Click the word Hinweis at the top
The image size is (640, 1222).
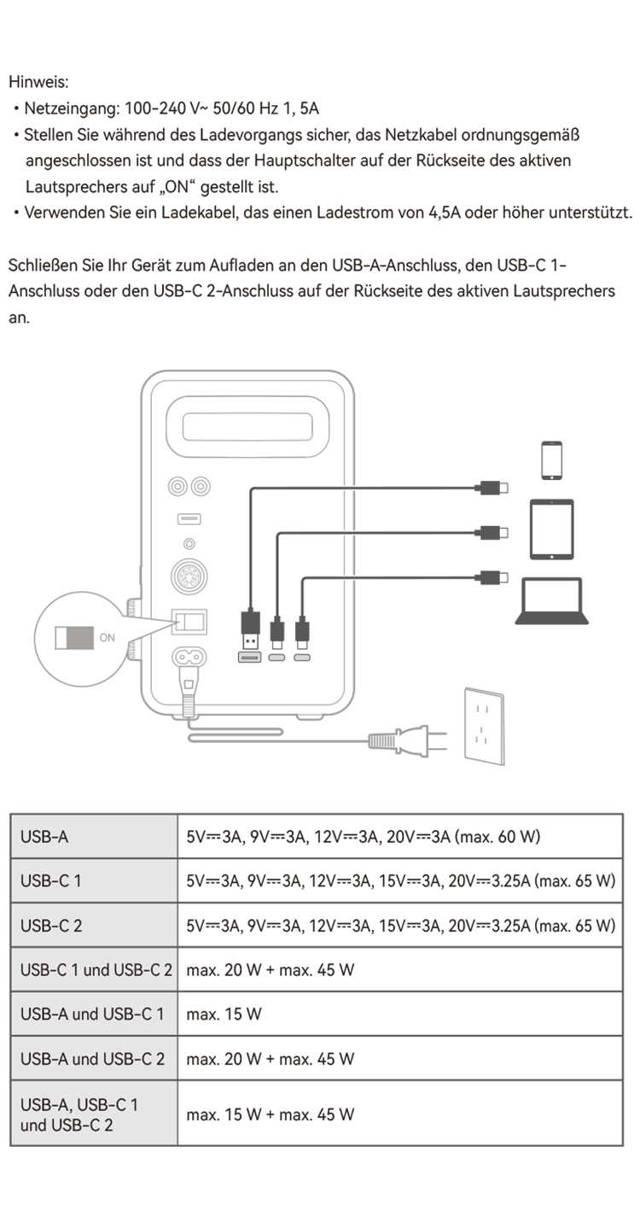tap(38, 82)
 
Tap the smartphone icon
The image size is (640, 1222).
tap(551, 460)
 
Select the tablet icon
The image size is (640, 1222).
tap(552, 529)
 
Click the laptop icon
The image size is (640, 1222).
tap(552, 600)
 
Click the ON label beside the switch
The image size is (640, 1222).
tap(108, 638)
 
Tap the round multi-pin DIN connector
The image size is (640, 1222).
tap(189, 576)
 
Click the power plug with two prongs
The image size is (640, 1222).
tap(408, 741)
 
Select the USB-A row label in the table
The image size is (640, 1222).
tap(44, 837)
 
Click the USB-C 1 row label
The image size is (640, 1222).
tap(50, 881)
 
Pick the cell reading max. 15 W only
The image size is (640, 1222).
tap(224, 1014)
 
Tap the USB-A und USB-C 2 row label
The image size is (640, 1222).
tap(92, 1059)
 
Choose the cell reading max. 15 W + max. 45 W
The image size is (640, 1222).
tap(271, 1114)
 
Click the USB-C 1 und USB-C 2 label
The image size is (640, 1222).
tap(96, 970)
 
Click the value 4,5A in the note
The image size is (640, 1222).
tap(445, 213)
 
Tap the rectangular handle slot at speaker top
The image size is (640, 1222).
tap(247, 427)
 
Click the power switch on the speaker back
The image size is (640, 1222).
tap(189, 622)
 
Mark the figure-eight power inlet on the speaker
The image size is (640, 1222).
tap(189, 657)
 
